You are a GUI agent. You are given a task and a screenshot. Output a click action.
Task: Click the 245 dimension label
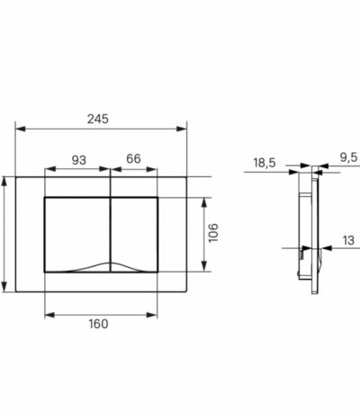coord(98,119)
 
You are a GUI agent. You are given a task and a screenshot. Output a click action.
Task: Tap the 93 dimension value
coord(79,160)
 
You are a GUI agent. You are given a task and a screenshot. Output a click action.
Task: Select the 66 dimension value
coord(133,158)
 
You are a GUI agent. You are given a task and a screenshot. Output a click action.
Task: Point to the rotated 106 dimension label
coord(213,233)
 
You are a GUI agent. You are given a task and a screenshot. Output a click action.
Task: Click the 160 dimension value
coord(98,324)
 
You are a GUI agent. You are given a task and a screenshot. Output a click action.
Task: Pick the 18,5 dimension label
coord(265,163)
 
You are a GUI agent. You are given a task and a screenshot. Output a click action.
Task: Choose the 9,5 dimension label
coord(349,157)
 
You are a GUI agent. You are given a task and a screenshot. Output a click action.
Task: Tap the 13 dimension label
coord(348,240)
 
